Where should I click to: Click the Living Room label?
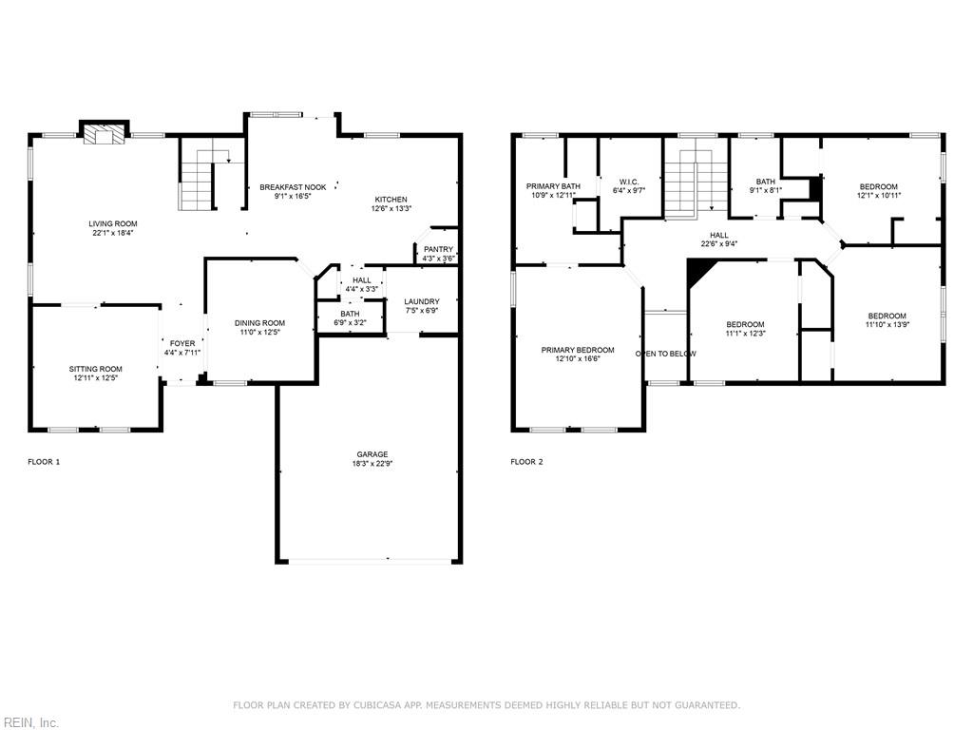point(113,224)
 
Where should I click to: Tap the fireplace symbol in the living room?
point(104,135)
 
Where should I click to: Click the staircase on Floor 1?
point(198,181)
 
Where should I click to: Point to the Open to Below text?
point(665,354)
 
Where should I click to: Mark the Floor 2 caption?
point(526,462)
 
